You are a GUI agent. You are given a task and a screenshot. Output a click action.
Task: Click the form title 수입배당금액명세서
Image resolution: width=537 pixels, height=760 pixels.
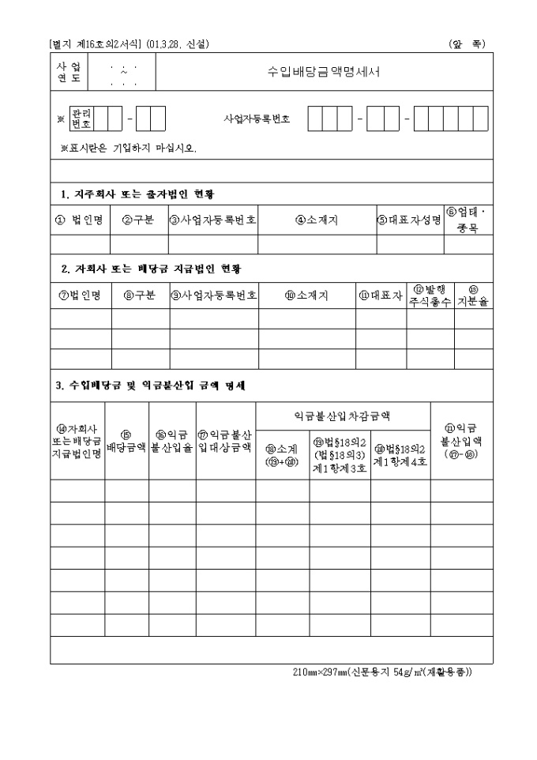[x=324, y=71]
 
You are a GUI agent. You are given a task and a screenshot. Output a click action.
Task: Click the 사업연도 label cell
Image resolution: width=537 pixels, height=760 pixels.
[x=69, y=71]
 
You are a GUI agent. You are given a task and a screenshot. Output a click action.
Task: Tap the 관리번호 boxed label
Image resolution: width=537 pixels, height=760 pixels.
[x=81, y=119]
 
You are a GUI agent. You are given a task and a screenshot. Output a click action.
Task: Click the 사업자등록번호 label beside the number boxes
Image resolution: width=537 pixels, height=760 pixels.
[x=257, y=119]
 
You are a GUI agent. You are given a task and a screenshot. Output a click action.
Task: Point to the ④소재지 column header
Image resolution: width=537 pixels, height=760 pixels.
[x=317, y=220]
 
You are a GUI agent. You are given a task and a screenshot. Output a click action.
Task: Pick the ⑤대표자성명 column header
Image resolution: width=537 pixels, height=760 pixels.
[x=409, y=220]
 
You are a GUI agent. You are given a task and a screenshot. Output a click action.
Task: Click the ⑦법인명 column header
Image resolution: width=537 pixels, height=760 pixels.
[x=81, y=295]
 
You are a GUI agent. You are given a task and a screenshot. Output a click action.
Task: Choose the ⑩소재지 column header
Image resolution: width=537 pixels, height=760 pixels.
[x=306, y=295]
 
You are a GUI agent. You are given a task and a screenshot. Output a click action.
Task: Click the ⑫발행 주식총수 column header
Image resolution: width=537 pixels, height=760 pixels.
[x=430, y=295]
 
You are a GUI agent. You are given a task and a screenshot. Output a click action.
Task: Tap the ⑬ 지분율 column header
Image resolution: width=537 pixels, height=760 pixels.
[x=474, y=295]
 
